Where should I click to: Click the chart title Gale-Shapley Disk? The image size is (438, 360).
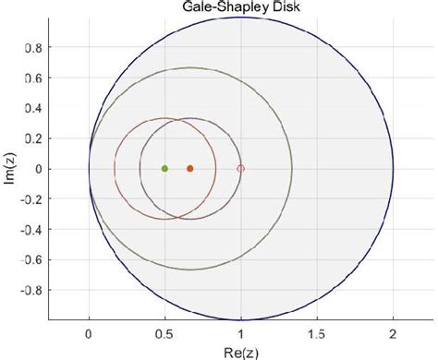[x=242, y=8]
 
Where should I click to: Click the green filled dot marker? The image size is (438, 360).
[x=164, y=169]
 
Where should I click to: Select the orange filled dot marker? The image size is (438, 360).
[x=190, y=169]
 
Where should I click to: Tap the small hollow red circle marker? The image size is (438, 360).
[x=241, y=169]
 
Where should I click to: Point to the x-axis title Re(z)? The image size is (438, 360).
[x=241, y=351]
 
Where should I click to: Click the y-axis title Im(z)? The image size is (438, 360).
[x=11, y=169]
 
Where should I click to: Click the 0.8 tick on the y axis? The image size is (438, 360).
[x=43, y=47]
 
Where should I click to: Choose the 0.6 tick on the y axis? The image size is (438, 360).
[x=43, y=78]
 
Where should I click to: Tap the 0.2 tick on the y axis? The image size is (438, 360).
[x=43, y=138]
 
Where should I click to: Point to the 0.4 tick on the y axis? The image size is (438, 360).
[x=43, y=108]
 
